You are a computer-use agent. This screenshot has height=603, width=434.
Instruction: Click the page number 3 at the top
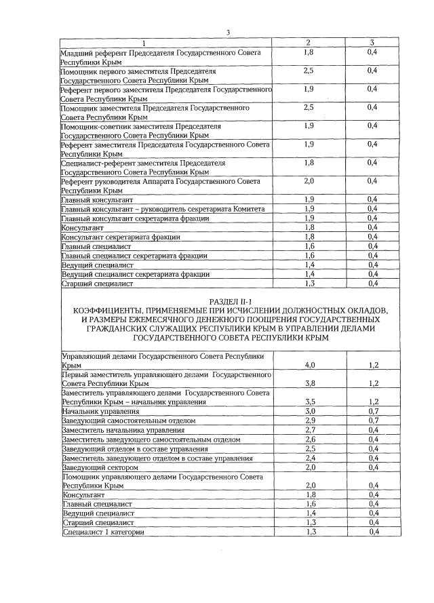point(229,33)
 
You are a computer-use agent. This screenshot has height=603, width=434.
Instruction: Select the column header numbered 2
point(309,43)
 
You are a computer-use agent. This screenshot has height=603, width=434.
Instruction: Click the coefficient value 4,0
point(310,365)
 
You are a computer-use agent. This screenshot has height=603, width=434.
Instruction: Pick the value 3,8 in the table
point(310,383)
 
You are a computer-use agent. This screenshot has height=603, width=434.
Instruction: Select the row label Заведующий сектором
point(100,468)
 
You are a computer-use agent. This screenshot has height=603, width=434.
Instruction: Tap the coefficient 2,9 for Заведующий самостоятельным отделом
point(310,421)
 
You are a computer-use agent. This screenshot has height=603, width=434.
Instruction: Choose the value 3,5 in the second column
point(310,402)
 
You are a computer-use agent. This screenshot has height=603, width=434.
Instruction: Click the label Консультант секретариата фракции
point(121,237)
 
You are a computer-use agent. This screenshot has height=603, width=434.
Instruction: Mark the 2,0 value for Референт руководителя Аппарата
point(309,181)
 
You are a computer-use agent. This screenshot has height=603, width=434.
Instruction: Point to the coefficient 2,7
point(310,430)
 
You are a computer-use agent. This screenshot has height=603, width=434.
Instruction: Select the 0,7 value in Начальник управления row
point(373,411)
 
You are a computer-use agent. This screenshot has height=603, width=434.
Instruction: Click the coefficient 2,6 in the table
point(310,440)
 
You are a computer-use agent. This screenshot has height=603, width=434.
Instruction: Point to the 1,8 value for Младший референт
point(309,52)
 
